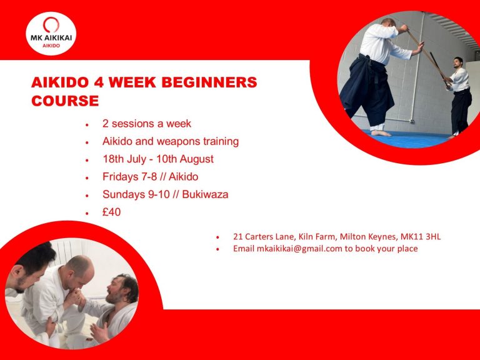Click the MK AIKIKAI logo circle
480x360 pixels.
point(51,34)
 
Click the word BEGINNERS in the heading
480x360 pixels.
point(209,82)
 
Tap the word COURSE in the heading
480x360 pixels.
point(65,101)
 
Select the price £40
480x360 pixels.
point(111,212)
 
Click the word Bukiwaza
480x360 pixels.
point(205,194)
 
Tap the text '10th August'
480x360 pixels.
point(185,159)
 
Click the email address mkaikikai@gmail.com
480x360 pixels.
point(299,249)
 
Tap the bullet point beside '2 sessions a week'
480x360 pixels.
point(87,125)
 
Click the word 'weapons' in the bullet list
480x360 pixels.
point(178,142)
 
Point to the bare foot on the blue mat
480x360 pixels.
point(381,133)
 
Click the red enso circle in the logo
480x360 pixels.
point(51,25)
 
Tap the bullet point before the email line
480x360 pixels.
point(217,249)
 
